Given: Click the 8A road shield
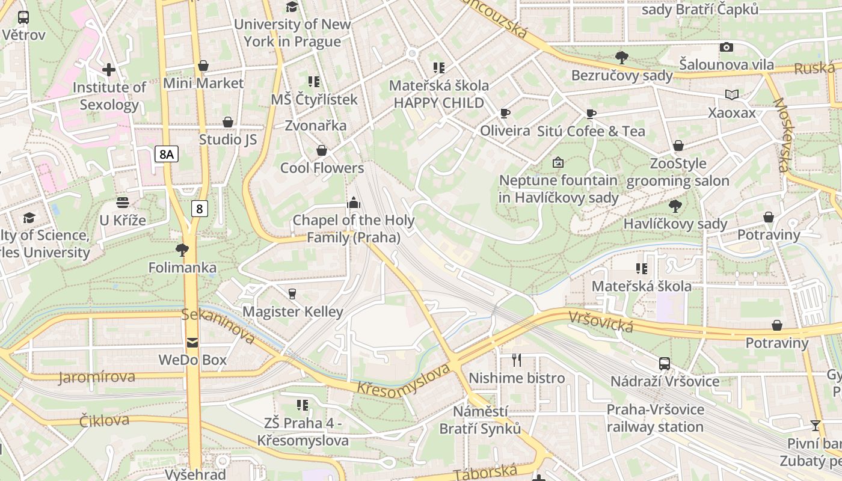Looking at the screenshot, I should pos(167,155).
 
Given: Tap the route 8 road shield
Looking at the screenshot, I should pos(200,209).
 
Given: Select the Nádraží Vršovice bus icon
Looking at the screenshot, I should pos(665,364).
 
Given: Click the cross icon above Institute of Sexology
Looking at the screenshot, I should pos(109,70).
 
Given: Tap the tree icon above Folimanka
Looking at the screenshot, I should pos(182,250).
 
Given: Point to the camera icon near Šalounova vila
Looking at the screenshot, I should pos(727,47).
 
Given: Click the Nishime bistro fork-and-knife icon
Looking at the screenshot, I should pos(517,360).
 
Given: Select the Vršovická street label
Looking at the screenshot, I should pos(600,321).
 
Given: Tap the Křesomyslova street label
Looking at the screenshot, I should pos(404,380).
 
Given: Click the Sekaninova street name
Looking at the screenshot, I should pos(219,326).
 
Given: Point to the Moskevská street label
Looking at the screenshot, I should pos(782,135).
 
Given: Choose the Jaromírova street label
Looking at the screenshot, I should pos(97,378).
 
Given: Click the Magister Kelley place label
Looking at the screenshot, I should pos(292,311).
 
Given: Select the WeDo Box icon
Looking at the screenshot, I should pos(192,343).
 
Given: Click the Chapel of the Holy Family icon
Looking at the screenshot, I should pos(354,203).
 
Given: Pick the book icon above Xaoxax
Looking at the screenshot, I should pos(732,94).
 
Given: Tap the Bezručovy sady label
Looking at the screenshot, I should pos(622,75).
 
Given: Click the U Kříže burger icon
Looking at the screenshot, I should pos(123,203).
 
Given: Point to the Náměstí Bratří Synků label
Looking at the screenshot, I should pos(480,420).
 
